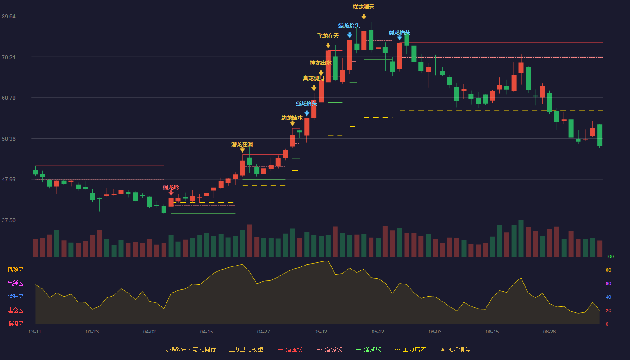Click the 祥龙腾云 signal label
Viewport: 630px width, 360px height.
(364, 7)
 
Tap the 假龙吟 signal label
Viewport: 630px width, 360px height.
(171, 187)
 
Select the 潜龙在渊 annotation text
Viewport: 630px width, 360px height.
(242, 144)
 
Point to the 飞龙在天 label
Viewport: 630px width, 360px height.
(328, 36)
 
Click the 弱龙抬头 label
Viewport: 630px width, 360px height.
(400, 32)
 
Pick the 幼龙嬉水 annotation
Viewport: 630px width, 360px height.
(292, 117)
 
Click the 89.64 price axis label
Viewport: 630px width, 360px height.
(9, 16)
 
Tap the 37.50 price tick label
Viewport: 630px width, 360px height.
(9, 220)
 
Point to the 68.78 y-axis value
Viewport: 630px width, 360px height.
(9, 98)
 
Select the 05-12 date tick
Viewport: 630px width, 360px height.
(320, 332)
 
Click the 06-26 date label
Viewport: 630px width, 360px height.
(549, 332)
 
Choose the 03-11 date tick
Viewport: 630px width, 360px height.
(35, 332)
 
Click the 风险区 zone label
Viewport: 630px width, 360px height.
(15, 270)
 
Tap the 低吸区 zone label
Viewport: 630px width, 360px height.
(15, 324)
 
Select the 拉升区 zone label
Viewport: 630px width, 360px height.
(15, 297)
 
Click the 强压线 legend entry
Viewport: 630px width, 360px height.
(290, 349)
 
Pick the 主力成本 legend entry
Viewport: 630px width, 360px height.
(410, 349)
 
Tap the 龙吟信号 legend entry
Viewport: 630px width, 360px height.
(455, 349)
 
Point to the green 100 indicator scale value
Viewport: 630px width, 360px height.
(610, 256)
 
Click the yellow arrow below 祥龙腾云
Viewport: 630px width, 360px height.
(364, 17)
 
